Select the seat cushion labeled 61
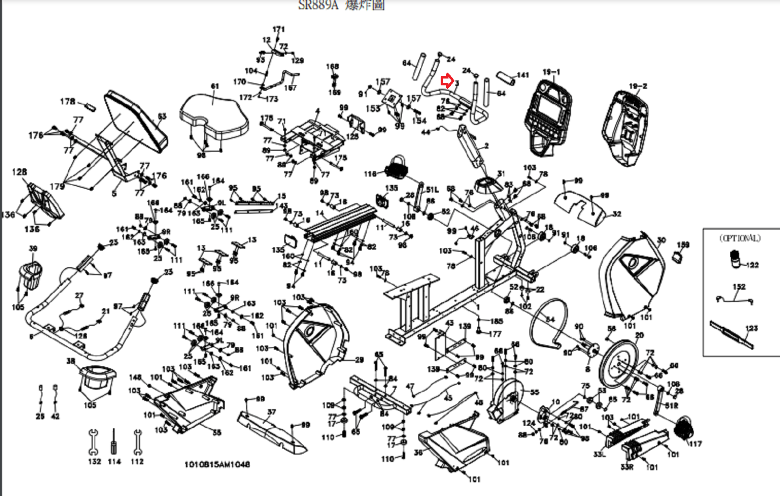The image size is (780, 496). [x=213, y=116]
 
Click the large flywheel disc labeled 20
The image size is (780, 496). [x=618, y=363]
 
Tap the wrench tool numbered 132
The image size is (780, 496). [x=93, y=441]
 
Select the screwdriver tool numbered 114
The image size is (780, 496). [x=114, y=441]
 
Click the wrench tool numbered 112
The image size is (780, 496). [x=138, y=441]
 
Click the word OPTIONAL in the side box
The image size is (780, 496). [x=740, y=238]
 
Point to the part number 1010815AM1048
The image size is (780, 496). [x=217, y=464]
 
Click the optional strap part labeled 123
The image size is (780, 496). [x=731, y=335]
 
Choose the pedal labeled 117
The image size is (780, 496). [x=683, y=428]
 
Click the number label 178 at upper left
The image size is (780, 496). [x=68, y=101]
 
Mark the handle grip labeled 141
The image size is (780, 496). [x=506, y=78]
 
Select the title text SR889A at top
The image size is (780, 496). [x=318, y=5]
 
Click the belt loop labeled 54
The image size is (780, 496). [x=549, y=321]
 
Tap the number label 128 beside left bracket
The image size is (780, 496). [x=19, y=172]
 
